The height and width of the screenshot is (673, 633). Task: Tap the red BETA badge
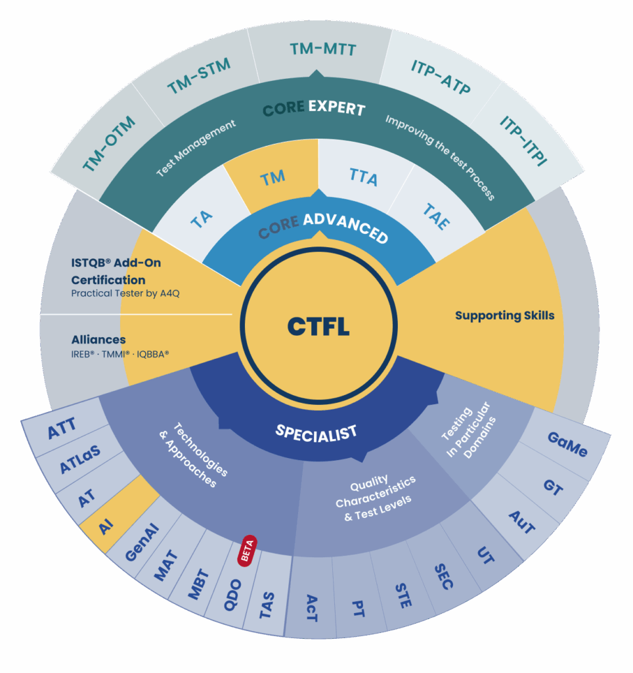click(247, 551)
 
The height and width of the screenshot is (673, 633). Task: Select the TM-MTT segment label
click(322, 49)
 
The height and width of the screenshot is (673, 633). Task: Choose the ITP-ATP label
click(441, 76)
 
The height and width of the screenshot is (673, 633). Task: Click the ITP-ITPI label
click(523, 140)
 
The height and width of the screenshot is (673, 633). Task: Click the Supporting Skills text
click(504, 315)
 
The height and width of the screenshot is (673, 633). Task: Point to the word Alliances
click(98, 340)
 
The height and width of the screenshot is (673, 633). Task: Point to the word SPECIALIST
click(316, 432)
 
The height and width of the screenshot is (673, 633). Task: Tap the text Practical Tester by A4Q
click(125, 293)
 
